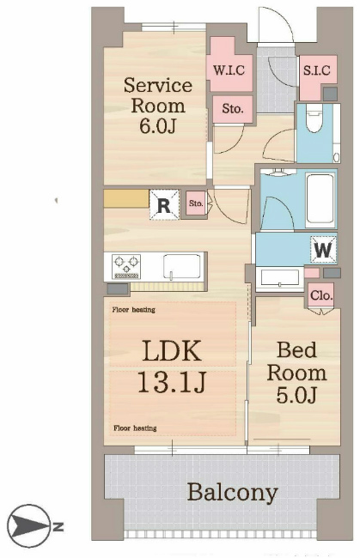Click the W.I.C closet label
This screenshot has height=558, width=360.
[229, 70]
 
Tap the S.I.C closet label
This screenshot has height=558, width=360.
[316, 70]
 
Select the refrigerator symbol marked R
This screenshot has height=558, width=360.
[164, 204]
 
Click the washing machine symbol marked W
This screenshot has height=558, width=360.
[323, 250]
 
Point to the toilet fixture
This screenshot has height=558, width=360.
[314, 118]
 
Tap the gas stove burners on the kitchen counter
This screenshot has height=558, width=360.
[126, 266]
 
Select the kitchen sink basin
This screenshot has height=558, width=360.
[181, 266]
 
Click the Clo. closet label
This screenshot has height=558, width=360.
[321, 295]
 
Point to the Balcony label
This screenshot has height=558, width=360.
[233, 493]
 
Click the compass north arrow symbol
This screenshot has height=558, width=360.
[29, 526]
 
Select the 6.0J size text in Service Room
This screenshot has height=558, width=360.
[158, 126]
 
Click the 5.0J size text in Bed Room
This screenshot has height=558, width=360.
[296, 395]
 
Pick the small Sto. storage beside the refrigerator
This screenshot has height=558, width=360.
[196, 203]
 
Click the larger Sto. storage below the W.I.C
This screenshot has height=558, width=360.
[233, 108]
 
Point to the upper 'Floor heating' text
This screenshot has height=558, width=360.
[133, 310]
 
